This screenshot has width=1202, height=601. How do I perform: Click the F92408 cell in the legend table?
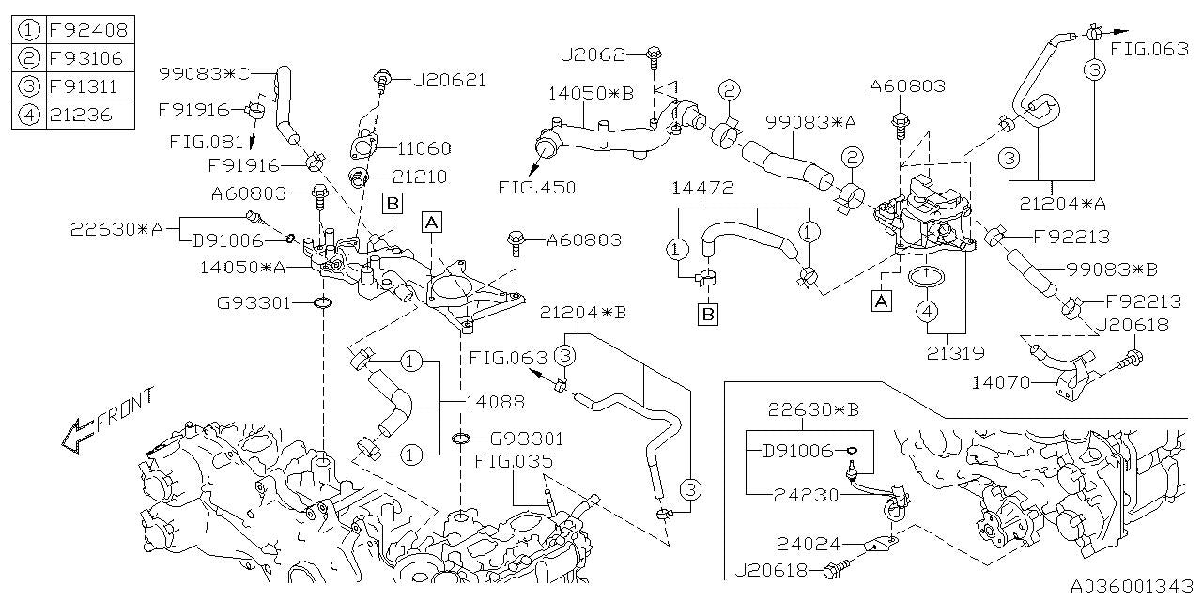(87, 29)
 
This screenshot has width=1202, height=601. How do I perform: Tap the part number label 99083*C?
(204, 72)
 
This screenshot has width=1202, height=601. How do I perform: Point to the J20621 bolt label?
(450, 80)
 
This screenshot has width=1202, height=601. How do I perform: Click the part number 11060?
(423, 148)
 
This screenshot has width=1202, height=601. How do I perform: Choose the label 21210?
(420, 176)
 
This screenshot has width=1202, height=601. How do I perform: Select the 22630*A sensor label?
(116, 228)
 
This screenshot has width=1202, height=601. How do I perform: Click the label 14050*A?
(242, 267)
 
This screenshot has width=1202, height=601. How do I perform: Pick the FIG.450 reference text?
(538, 186)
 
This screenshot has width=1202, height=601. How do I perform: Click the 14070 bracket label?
(1002, 382)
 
